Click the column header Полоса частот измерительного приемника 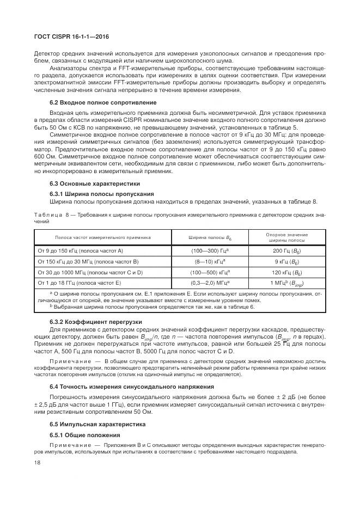(103, 237)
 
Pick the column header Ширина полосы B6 (210, 237)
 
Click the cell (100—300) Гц (210, 251)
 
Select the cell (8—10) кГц (210, 262)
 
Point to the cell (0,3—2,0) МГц (210, 283)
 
